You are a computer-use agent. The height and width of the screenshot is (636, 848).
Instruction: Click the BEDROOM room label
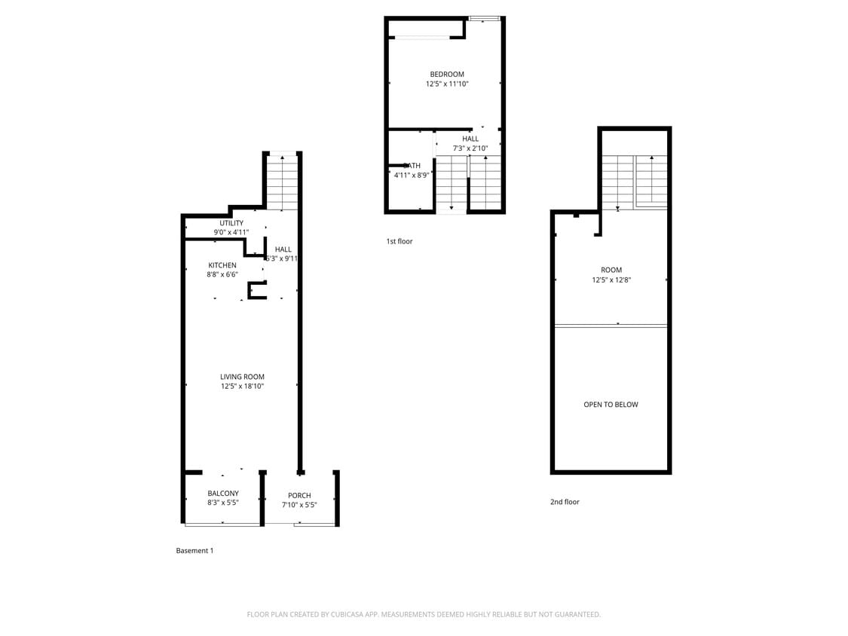[x=447, y=74]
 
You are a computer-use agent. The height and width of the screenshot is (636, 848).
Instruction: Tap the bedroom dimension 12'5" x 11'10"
[x=447, y=84]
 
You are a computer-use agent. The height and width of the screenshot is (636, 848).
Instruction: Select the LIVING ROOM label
[x=242, y=377]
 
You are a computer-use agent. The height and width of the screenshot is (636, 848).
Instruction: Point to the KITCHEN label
[x=222, y=265]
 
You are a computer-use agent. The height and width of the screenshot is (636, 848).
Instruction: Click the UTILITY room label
[x=231, y=223]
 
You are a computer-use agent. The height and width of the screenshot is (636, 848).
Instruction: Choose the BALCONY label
[x=223, y=494]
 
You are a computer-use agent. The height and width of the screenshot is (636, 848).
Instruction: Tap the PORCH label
[x=299, y=495]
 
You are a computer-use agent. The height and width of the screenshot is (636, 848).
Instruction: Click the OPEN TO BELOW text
[x=611, y=405]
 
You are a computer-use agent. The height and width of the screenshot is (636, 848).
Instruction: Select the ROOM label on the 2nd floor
[x=611, y=270]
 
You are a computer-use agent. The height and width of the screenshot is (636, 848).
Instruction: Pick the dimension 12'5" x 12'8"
[x=611, y=280]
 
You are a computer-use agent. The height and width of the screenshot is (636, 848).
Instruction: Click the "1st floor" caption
[x=400, y=241]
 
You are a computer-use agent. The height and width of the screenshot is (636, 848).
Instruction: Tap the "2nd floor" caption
[x=565, y=502]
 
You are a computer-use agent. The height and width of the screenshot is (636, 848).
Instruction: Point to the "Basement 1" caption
[x=194, y=551]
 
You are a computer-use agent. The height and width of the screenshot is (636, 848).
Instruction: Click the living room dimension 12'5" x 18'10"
[x=242, y=387]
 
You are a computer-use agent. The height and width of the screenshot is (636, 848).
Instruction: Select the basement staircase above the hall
[x=283, y=182]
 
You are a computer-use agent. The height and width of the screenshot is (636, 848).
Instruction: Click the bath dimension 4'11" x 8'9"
[x=412, y=175]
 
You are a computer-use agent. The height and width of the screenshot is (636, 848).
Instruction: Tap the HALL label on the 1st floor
[x=470, y=139]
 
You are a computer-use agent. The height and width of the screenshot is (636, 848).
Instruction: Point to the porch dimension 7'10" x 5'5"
[x=299, y=505]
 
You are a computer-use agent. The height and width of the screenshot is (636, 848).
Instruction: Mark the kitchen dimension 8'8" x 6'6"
[x=222, y=275]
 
